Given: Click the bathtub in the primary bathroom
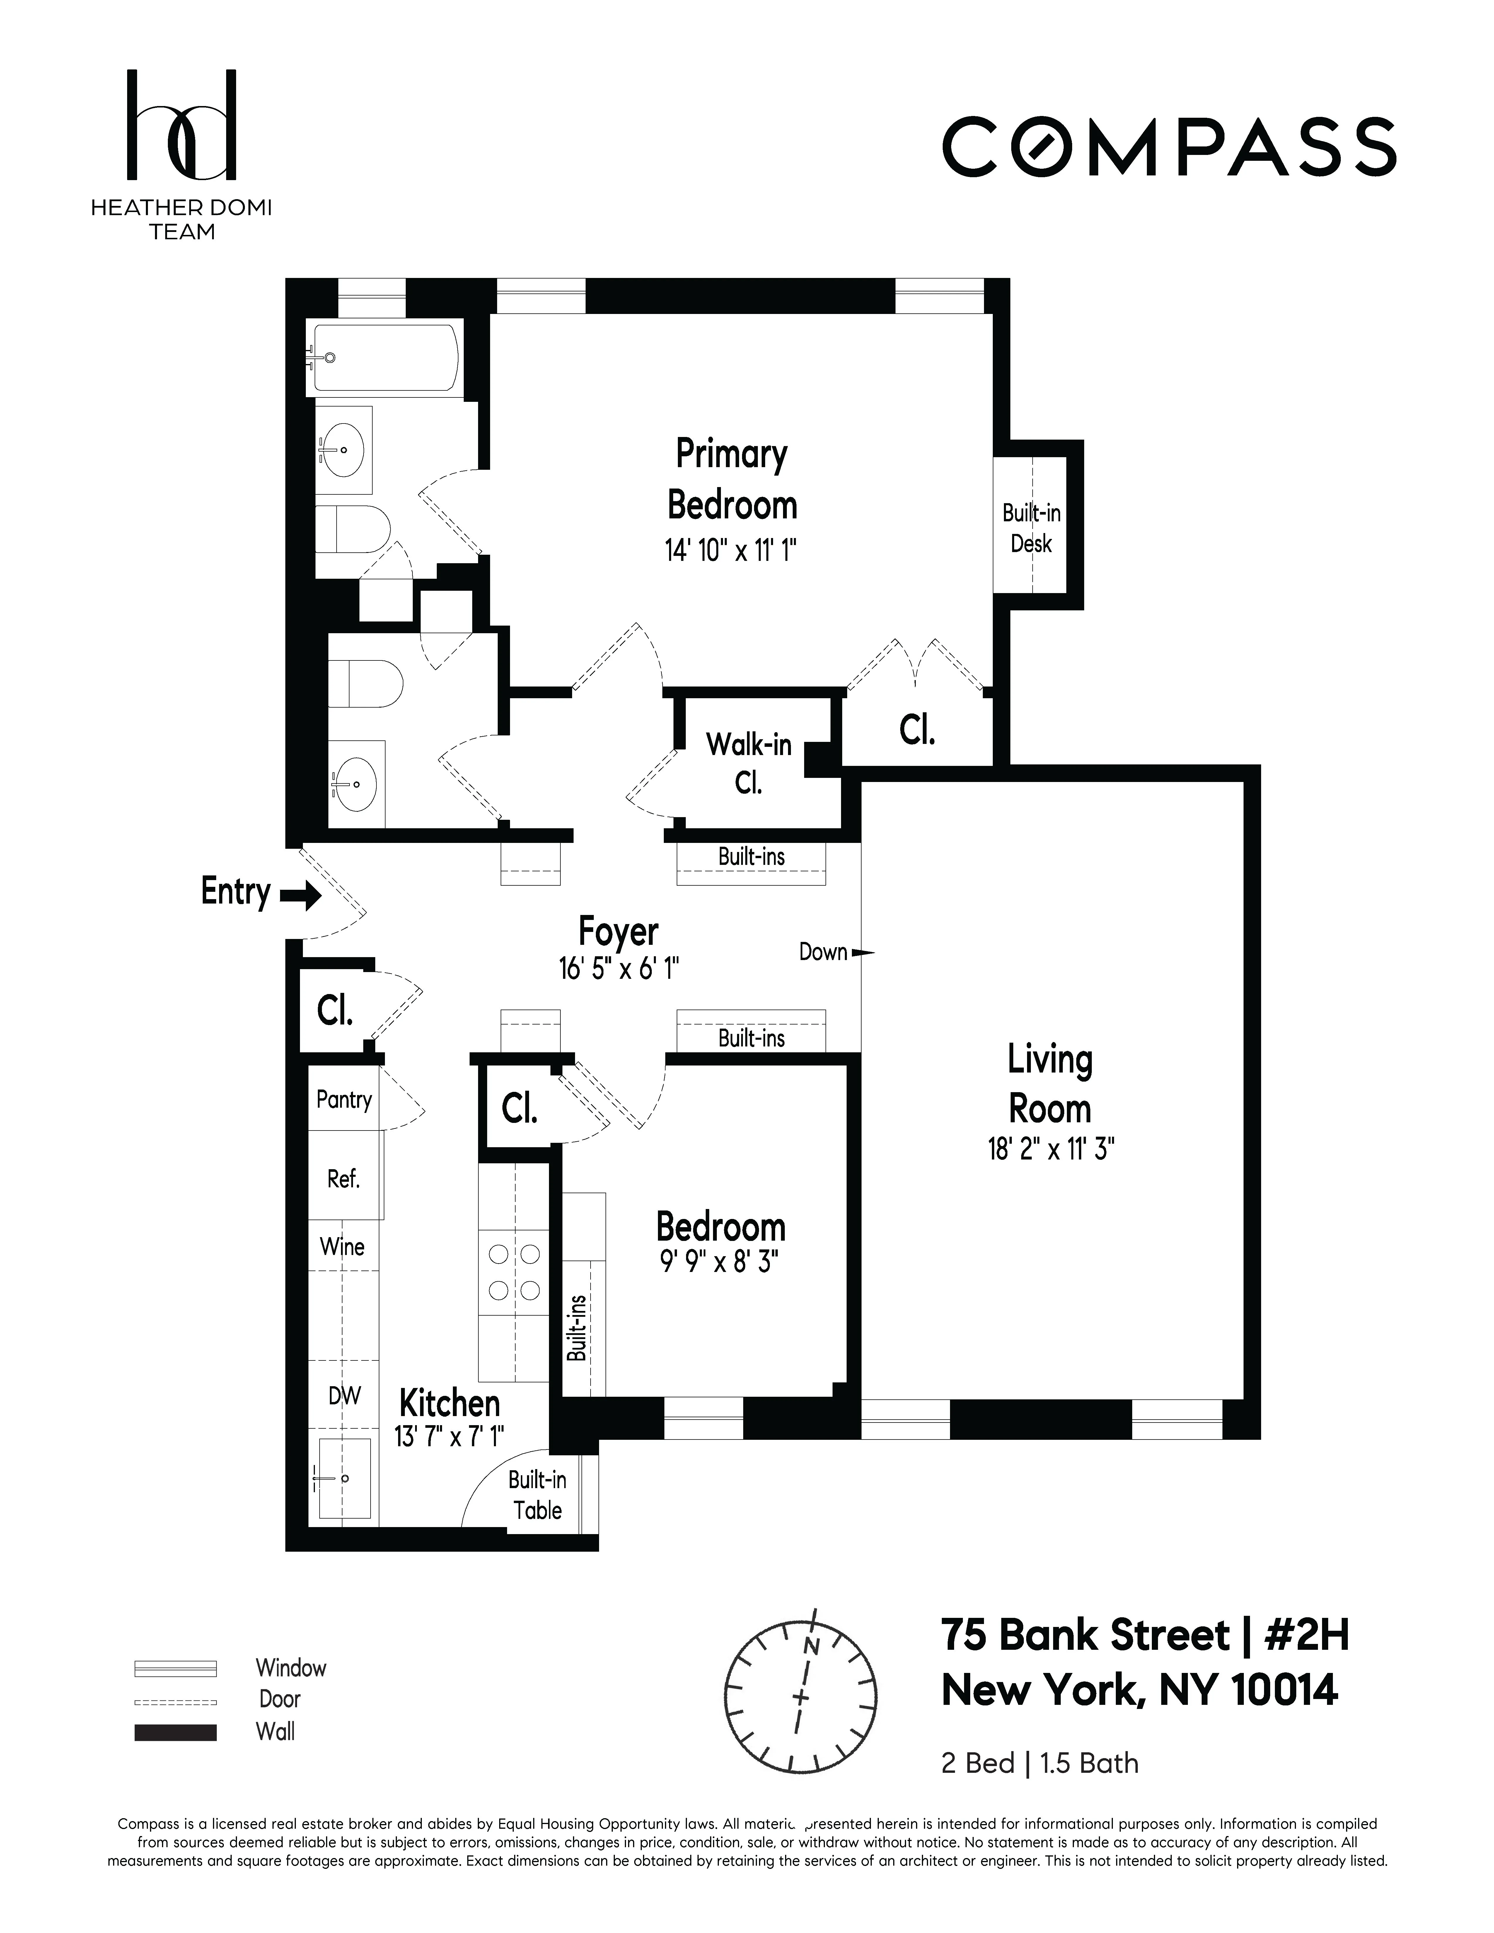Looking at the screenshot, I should (x=383, y=358).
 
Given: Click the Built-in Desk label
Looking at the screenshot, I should (x=1031, y=528).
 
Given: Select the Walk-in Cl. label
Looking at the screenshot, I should (x=749, y=763).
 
